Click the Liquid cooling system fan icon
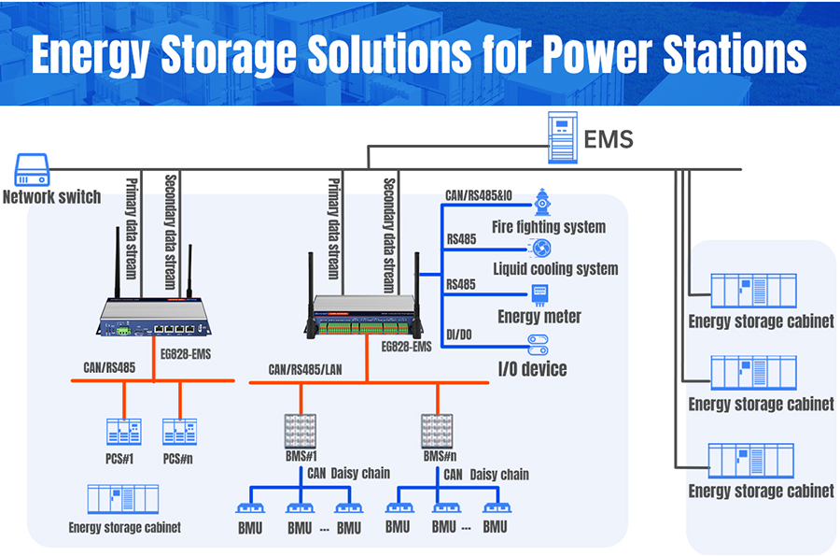540,248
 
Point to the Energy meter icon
539,294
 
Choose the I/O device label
531,369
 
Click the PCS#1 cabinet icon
123,432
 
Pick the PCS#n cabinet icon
179,432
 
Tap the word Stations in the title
716,54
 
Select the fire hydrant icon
541,200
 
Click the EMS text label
609,140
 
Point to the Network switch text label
51,197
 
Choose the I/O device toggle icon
539,345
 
